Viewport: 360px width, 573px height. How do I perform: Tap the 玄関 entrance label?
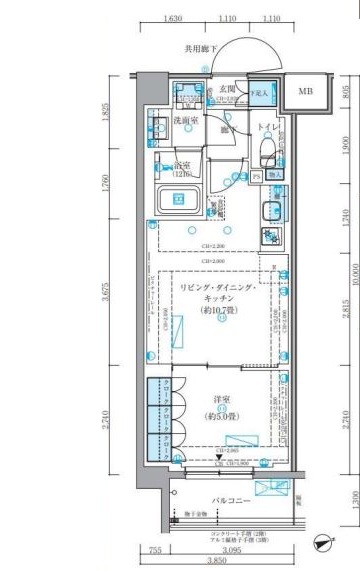tap(228, 89)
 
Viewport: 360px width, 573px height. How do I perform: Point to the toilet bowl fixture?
tap(266, 152)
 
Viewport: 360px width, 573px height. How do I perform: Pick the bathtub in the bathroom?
tap(183, 198)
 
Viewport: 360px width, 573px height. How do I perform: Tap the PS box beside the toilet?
tap(256, 177)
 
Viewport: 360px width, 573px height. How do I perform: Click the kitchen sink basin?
tap(272, 210)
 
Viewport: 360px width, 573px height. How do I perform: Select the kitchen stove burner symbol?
tap(271, 237)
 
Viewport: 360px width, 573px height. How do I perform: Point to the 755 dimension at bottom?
tap(153, 550)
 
